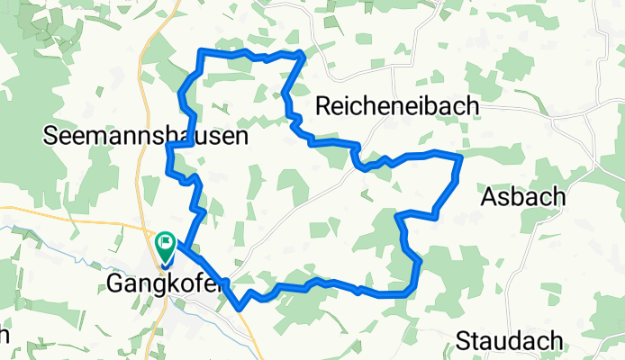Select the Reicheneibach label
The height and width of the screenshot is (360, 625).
(x=397, y=106)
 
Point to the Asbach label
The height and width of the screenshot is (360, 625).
(x=523, y=195)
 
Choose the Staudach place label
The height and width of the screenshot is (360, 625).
(x=510, y=341)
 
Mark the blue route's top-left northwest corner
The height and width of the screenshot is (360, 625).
(x=201, y=52)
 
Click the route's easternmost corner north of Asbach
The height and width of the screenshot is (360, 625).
(x=460, y=157)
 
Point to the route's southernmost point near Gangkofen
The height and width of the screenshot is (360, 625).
(x=240, y=308)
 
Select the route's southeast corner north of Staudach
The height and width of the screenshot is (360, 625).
(x=411, y=292)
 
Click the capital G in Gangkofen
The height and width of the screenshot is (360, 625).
(x=115, y=283)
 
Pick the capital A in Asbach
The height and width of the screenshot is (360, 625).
(x=489, y=195)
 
